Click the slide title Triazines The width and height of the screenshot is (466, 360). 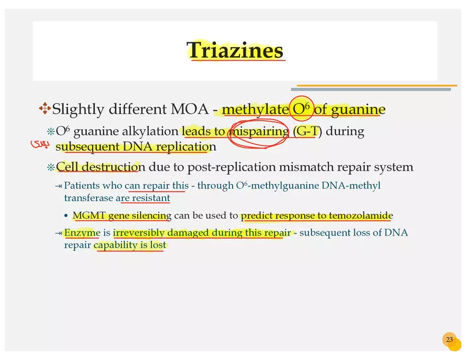235,50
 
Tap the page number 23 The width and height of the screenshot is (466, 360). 450,339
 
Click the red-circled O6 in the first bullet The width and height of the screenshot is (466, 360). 301,109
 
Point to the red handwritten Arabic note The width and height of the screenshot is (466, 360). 40,144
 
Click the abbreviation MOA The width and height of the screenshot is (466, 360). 190,109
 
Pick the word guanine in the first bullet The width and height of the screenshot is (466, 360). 358,110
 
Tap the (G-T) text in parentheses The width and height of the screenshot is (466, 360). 307,131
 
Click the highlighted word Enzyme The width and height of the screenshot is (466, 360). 82,232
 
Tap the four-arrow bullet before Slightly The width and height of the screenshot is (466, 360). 44,109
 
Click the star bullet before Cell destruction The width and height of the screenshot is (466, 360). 51,167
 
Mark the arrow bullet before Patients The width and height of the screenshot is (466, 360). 58,186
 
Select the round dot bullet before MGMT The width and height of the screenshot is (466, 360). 66,215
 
